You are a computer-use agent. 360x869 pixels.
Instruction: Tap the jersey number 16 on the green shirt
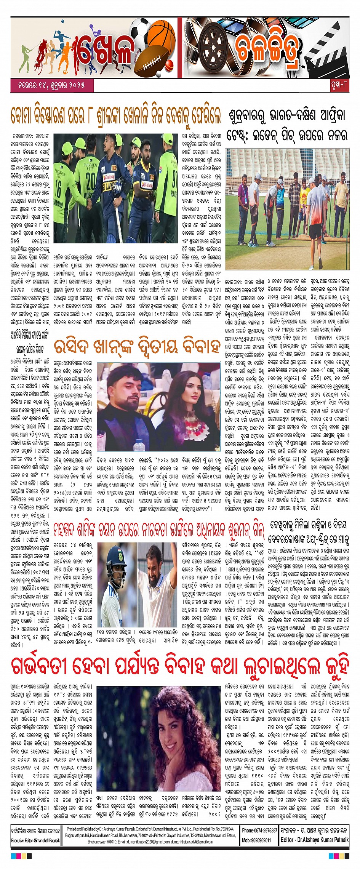(x=58, y=190)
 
